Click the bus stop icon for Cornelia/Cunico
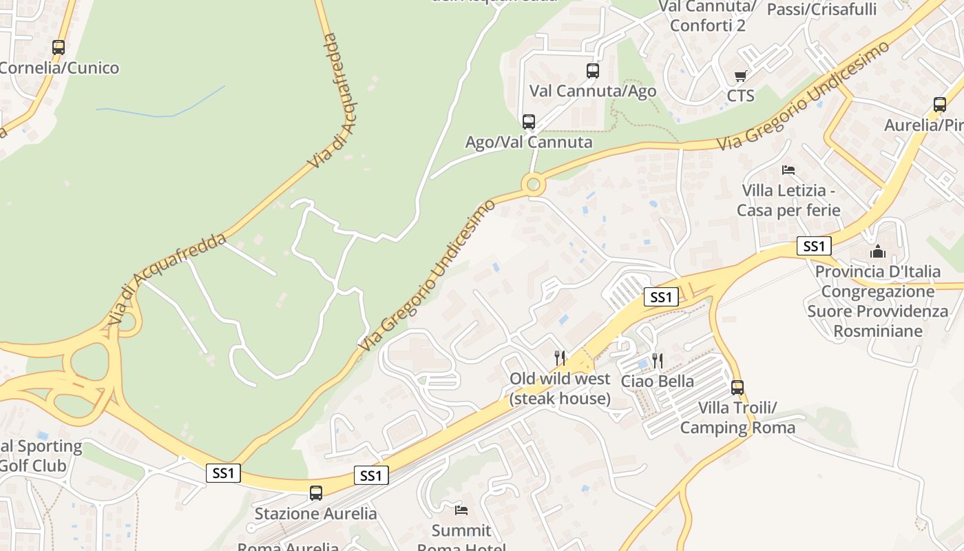click(59, 48)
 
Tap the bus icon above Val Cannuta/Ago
click(592, 70)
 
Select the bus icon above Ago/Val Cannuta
click(528, 122)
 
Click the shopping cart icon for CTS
click(740, 76)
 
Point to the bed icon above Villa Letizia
click(788, 169)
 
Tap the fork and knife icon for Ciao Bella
click(657, 360)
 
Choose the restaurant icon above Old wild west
click(560, 357)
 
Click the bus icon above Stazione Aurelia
click(316, 493)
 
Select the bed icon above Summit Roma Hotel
click(461, 510)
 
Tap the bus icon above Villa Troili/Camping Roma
click(737, 387)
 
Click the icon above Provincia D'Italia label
click(877, 251)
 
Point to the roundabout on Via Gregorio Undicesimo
click(532, 185)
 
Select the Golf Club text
click(32, 466)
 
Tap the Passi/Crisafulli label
click(821, 9)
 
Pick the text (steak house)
click(560, 398)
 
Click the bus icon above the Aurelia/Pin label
click(940, 105)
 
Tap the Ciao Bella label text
click(657, 381)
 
